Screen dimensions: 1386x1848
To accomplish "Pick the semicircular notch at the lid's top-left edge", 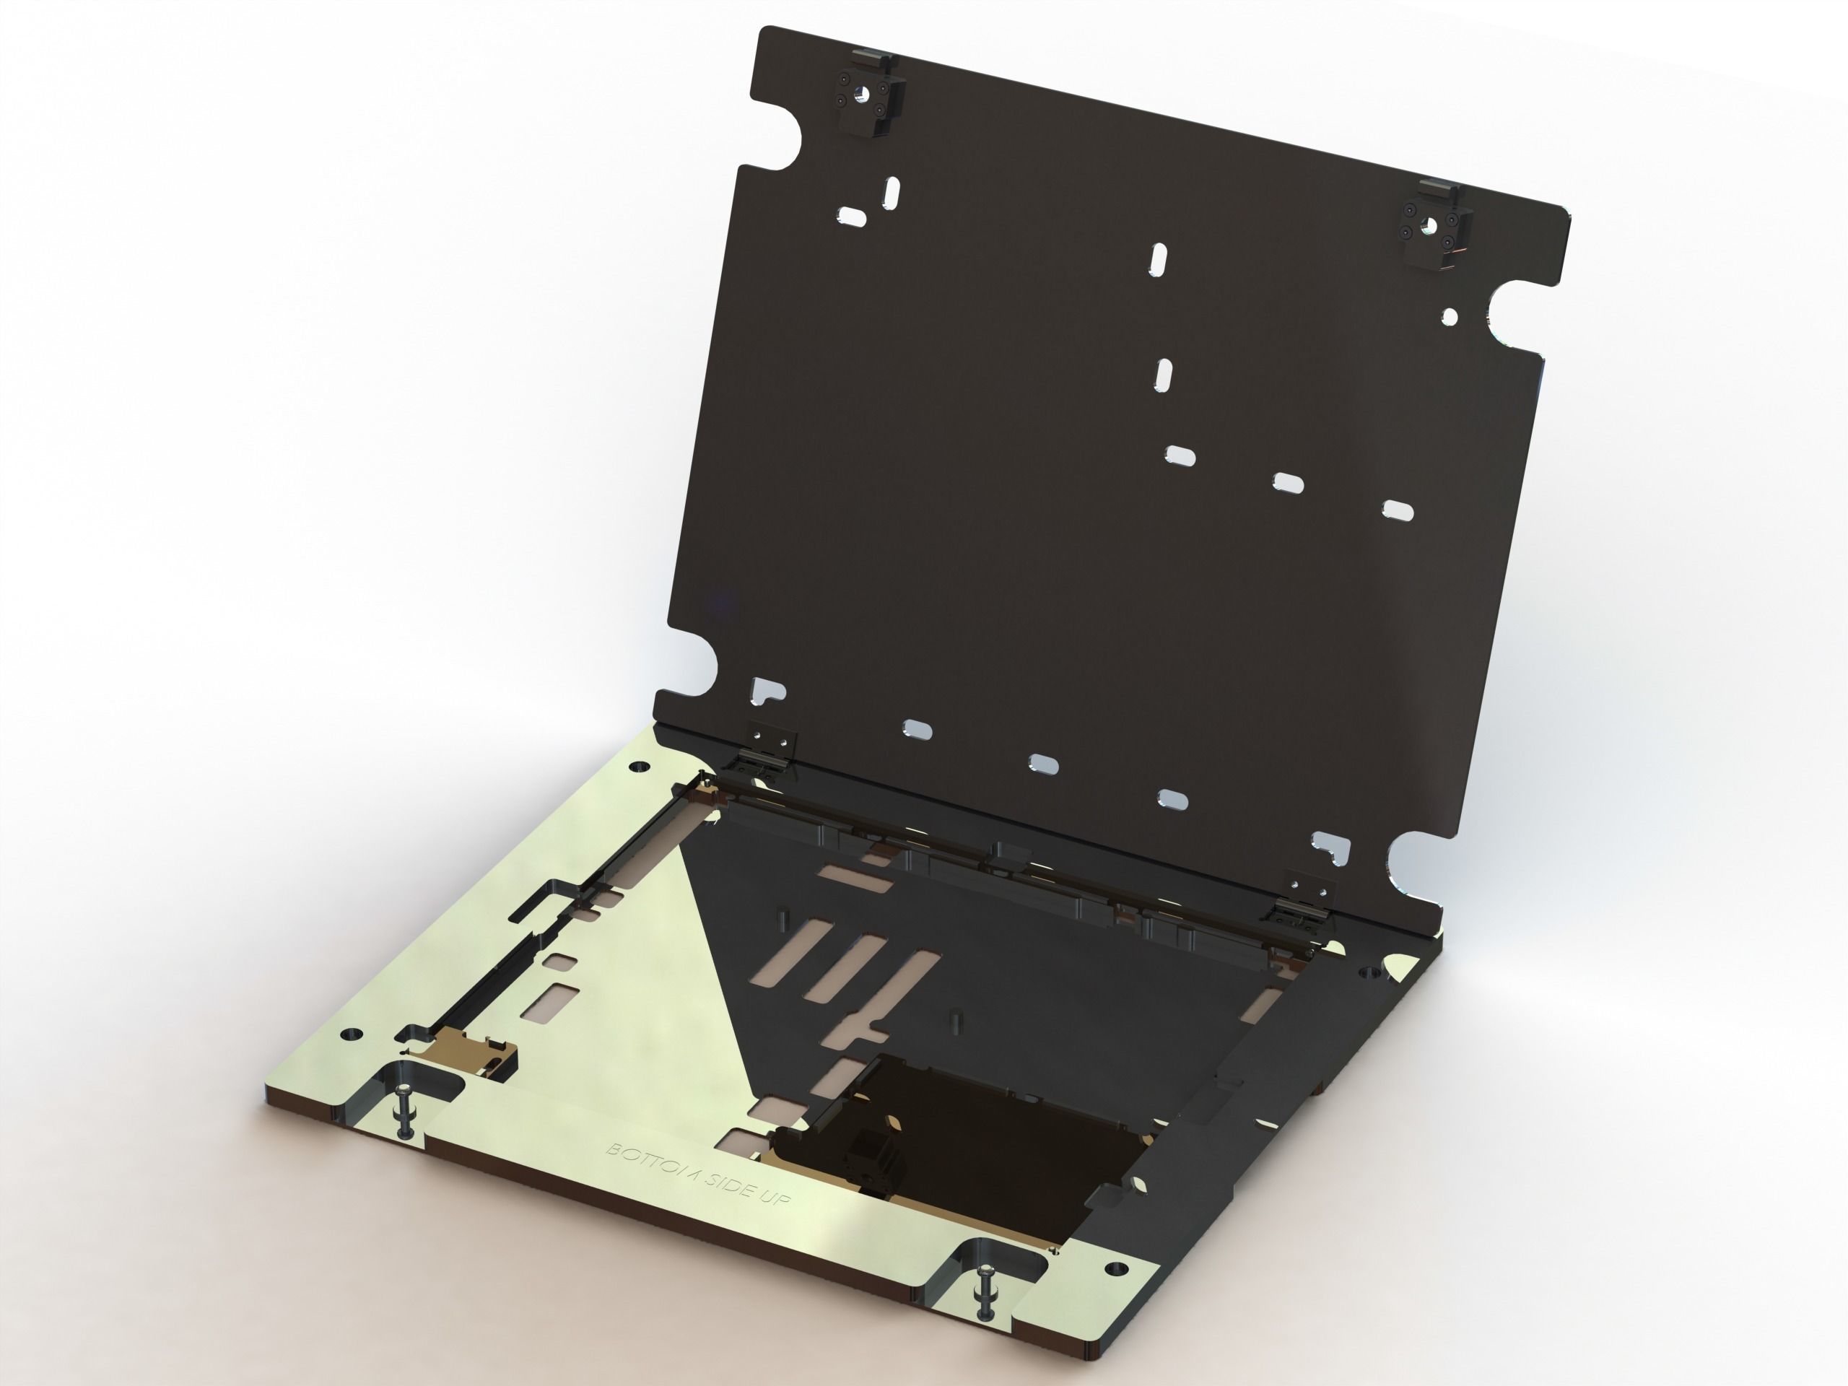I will [x=781, y=138].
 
